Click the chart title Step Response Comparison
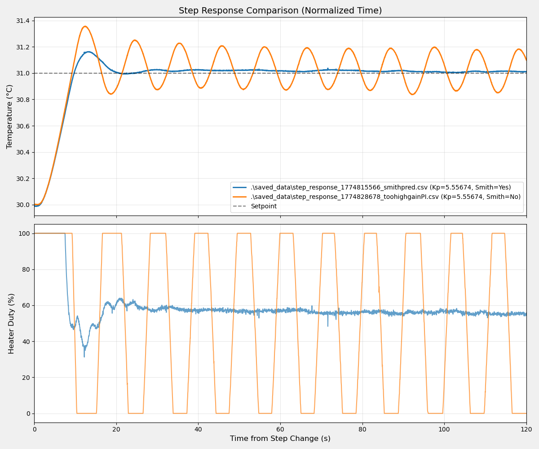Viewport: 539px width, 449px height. point(280,11)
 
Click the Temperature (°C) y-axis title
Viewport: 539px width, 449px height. point(10,116)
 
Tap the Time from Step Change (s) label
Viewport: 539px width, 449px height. point(280,439)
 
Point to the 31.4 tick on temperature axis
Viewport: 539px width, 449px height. point(22,21)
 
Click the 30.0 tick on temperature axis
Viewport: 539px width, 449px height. point(22,205)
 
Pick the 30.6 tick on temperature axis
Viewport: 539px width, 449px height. point(22,126)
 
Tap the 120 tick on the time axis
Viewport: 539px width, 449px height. point(526,430)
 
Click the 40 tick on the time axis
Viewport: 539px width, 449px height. point(198,430)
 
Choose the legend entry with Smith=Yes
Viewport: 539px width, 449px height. point(380,188)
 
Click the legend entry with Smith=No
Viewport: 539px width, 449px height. point(385,197)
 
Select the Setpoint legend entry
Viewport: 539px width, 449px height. point(263,206)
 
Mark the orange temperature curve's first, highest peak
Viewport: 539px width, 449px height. point(85,26)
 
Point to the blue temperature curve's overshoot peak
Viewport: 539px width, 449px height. point(88,52)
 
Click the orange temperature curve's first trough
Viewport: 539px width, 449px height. point(111,94)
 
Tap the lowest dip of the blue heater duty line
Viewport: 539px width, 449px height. point(84,357)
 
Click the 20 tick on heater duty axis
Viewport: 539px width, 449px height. point(25,377)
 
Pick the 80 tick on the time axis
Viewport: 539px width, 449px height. point(362,430)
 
